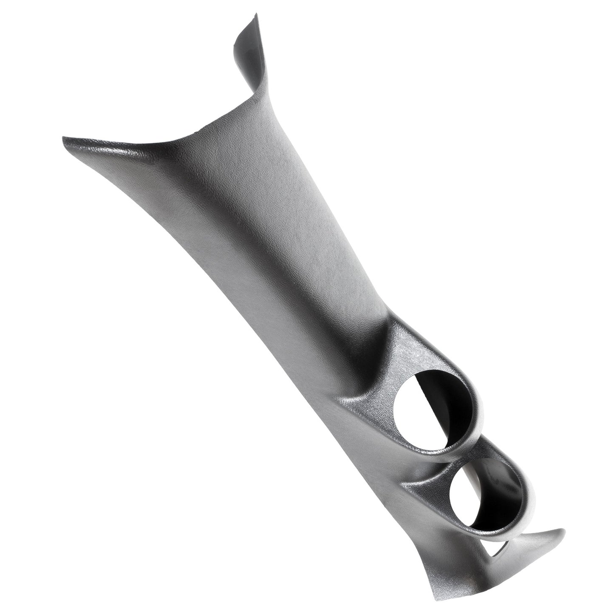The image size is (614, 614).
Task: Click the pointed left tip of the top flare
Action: [64, 139]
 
